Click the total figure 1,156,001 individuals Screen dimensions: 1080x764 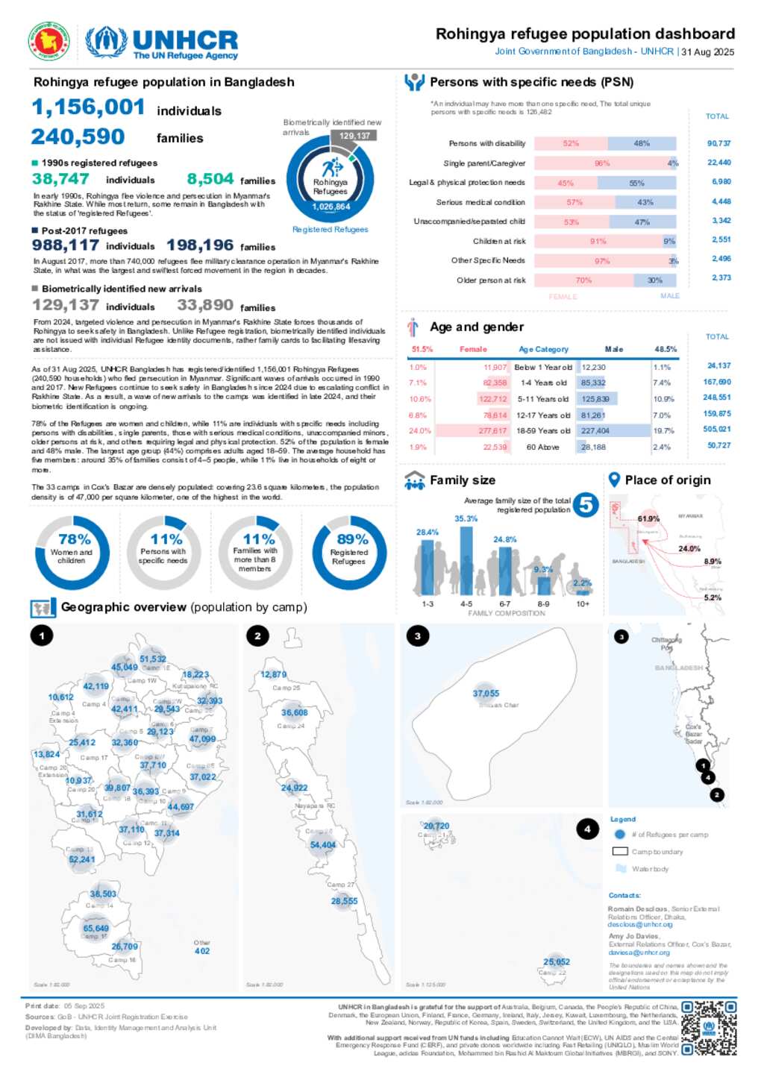click(x=88, y=107)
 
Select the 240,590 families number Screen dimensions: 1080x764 click(x=78, y=137)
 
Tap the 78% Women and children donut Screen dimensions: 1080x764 click(x=72, y=552)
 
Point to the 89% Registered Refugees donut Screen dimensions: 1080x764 click(x=349, y=552)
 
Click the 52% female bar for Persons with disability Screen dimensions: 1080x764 click(x=571, y=143)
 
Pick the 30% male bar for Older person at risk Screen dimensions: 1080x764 click(x=655, y=280)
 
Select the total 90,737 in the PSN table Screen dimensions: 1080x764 click(x=718, y=143)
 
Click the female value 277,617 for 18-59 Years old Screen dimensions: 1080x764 click(x=492, y=430)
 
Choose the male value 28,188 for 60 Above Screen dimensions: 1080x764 click(x=594, y=447)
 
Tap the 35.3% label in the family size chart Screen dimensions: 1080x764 click(x=466, y=518)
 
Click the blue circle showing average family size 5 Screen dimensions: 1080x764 click(x=586, y=505)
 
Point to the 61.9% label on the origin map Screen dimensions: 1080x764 click(x=648, y=518)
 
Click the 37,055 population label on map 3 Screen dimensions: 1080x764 click(x=486, y=694)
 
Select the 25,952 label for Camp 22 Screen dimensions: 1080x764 click(x=557, y=961)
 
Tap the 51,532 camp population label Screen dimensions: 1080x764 click(x=153, y=659)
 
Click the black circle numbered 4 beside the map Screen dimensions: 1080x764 click(x=587, y=829)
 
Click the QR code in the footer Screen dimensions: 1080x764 click(x=709, y=1028)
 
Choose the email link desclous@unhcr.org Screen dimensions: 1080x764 click(x=640, y=924)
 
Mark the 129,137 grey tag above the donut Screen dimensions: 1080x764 click(x=354, y=136)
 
